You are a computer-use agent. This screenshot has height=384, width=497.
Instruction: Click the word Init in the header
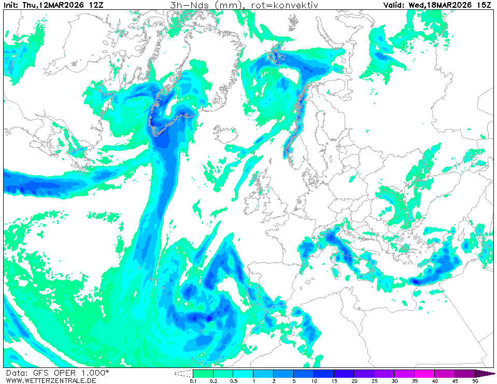(12, 5)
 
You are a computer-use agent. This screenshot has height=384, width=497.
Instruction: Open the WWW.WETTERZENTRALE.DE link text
(51, 380)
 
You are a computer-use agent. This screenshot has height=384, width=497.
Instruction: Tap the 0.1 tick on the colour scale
(193, 381)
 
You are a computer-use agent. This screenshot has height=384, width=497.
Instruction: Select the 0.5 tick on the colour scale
(233, 381)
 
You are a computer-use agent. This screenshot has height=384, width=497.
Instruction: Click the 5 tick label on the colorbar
(293, 381)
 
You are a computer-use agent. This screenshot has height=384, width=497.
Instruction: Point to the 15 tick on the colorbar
(334, 381)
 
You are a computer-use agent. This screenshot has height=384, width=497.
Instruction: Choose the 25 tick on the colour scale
(374, 381)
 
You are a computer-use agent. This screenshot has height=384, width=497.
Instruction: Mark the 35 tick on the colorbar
(415, 381)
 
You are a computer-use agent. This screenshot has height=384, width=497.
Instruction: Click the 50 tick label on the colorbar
(475, 381)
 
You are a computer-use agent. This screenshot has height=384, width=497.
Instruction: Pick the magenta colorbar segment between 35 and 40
(424, 373)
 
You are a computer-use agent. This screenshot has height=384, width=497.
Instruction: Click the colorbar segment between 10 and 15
(324, 373)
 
